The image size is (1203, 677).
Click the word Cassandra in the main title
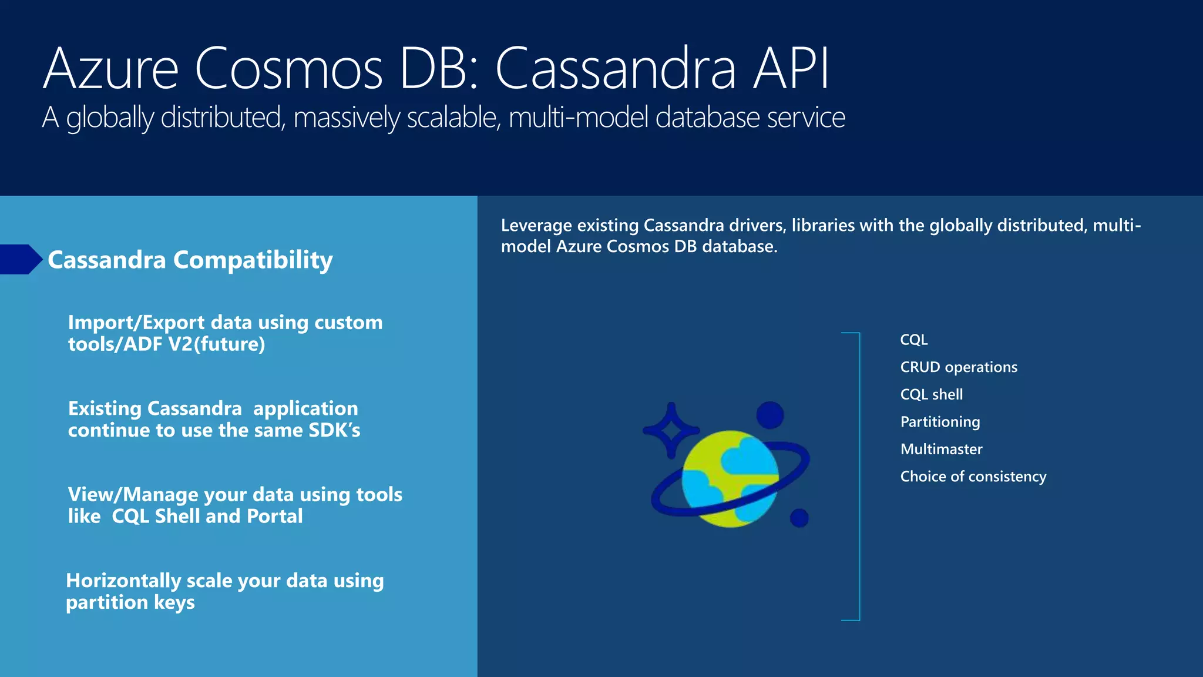615,69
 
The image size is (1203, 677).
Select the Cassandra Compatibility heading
190,260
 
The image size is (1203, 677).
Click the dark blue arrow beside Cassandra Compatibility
21,259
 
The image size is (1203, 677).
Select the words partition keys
130,602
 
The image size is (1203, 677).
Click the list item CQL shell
931,394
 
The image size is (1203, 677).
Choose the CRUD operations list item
958,367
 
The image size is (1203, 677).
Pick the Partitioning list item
940,422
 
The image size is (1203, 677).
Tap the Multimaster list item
941,450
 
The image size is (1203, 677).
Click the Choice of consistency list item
973,477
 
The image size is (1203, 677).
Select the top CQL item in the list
913,340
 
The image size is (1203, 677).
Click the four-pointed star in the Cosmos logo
671,430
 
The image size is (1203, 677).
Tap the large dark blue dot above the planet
769,415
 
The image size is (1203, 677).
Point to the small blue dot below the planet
799,518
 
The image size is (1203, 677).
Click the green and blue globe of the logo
730,479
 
